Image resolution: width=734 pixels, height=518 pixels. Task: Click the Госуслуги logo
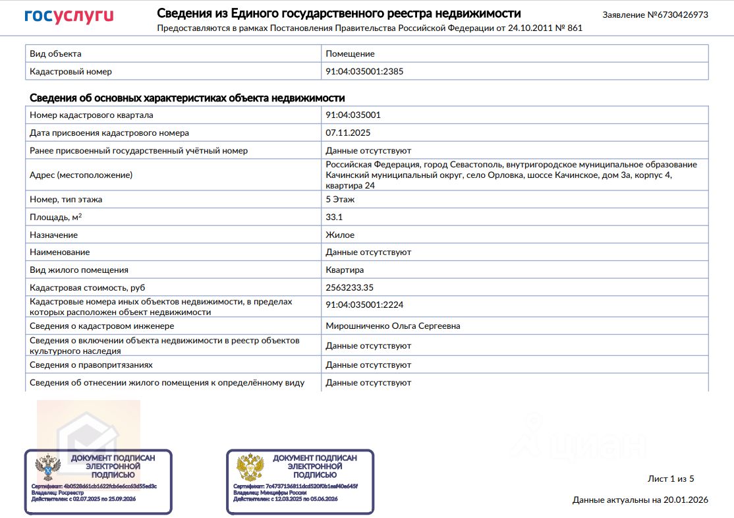(69, 16)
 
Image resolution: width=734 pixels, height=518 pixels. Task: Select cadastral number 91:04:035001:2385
(364, 71)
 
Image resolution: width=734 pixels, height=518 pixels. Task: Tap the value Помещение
(350, 53)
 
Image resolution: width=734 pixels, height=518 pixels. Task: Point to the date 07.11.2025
(348, 132)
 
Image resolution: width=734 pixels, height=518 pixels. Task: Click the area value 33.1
(334, 217)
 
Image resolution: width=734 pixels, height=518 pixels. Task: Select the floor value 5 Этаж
(340, 199)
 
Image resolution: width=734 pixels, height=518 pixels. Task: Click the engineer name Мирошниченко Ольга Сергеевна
(393, 326)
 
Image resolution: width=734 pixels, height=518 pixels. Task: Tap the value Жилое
(340, 235)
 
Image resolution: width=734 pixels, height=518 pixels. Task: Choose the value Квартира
(345, 270)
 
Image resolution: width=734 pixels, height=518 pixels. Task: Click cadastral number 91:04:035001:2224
(364, 304)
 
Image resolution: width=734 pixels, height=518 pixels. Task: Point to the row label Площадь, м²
(56, 217)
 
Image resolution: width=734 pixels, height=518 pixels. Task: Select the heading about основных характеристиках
(187, 98)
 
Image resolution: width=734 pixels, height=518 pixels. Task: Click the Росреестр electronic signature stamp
(98, 482)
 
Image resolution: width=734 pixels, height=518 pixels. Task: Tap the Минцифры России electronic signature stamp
(300, 482)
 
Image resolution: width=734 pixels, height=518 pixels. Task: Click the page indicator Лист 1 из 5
(671, 479)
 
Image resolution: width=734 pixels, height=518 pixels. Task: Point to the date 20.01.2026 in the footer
(685, 500)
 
